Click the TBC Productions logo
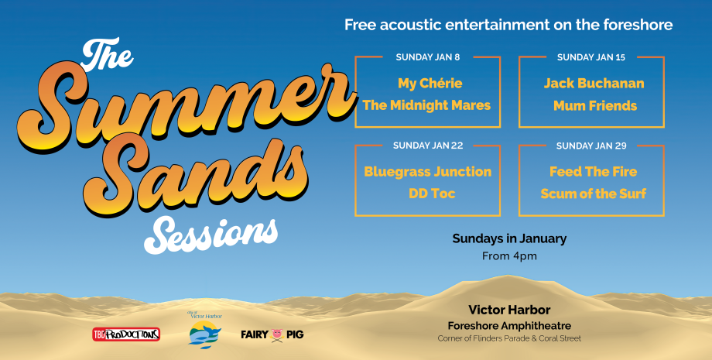(x=126, y=334)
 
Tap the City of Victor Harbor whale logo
(x=205, y=331)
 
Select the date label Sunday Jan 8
(x=428, y=57)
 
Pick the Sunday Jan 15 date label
(x=591, y=57)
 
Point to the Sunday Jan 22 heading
(x=428, y=146)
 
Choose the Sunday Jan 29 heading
(x=591, y=146)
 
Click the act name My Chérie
(x=430, y=83)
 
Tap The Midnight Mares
(x=427, y=105)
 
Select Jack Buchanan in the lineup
(x=594, y=83)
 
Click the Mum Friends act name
(x=595, y=106)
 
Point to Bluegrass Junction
(x=428, y=172)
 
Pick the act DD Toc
(x=432, y=194)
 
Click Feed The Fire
(x=593, y=172)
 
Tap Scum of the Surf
(x=594, y=194)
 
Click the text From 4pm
(x=509, y=256)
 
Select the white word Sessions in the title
(x=211, y=235)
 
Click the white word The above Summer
(x=107, y=54)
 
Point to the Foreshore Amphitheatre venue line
(x=509, y=326)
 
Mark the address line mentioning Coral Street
(x=509, y=338)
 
